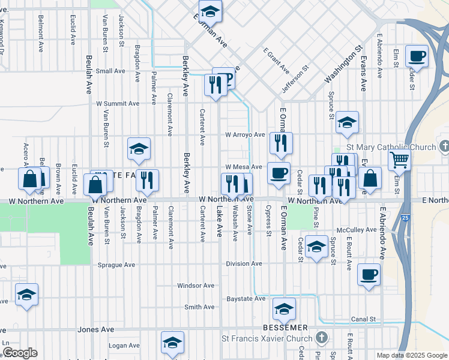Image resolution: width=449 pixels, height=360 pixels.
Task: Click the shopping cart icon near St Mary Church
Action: pyautogui.click(x=399, y=160)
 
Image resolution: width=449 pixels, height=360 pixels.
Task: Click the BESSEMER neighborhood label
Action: pyautogui.click(x=285, y=328)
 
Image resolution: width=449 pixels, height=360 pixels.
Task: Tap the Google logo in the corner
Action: pyautogui.click(x=19, y=353)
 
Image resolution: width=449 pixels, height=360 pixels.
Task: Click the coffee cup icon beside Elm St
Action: pyautogui.click(x=417, y=57)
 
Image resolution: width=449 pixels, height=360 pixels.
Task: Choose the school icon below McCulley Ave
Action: pyautogui.click(x=316, y=247)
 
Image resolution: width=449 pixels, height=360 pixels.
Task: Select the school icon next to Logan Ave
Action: pyautogui.click(x=172, y=343)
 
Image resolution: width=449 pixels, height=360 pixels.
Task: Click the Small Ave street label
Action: pyautogui.click(x=110, y=71)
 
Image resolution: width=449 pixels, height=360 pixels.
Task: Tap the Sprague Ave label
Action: pyautogui.click(x=116, y=265)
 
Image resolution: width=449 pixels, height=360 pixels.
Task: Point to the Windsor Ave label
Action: pyautogui.click(x=196, y=286)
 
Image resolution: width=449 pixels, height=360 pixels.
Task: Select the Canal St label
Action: pyautogui.click(x=363, y=319)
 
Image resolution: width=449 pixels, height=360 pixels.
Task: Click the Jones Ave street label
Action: pyautogui.click(x=96, y=329)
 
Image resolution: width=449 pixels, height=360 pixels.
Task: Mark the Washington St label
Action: pyautogui.click(x=344, y=65)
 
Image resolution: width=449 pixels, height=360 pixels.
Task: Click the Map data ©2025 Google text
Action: pyautogui.click(x=412, y=355)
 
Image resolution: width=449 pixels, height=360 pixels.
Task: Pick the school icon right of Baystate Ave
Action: pyautogui.click(x=284, y=309)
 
